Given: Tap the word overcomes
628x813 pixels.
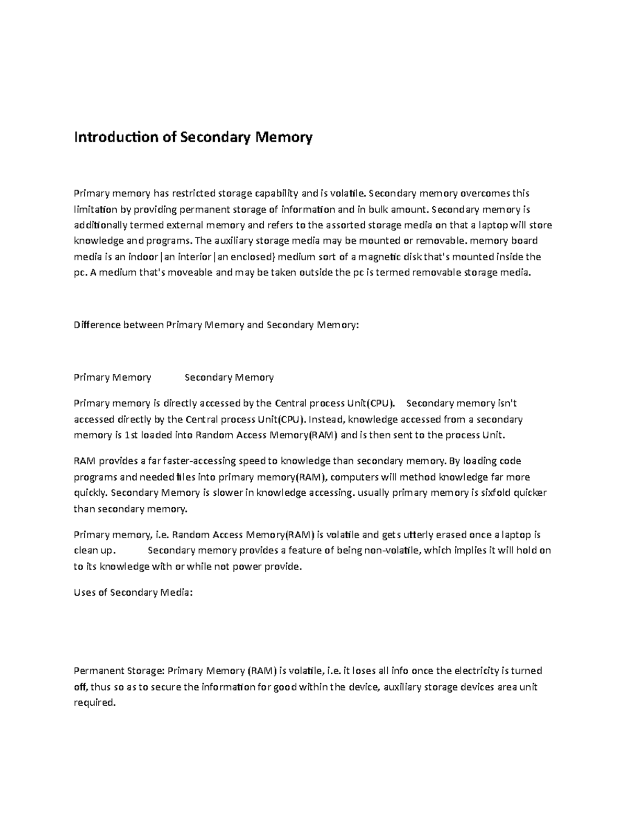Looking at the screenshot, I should pos(485,194).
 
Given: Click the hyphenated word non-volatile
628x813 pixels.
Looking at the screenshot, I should pos(388,550).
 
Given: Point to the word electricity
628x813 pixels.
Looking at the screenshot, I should pos(476,671).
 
